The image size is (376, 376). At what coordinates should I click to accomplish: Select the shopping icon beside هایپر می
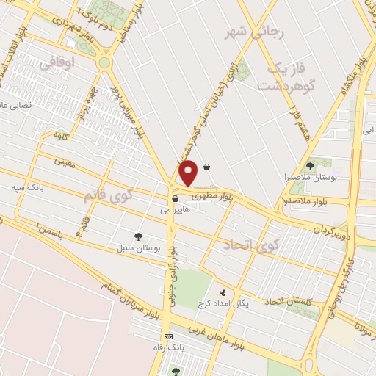(x=175, y=198)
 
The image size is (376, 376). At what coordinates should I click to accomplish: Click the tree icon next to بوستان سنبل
(x=138, y=236)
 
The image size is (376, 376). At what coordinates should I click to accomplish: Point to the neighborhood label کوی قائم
(x=116, y=198)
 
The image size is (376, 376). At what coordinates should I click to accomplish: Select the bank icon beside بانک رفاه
(x=169, y=336)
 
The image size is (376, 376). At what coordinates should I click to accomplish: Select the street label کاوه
(x=61, y=135)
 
